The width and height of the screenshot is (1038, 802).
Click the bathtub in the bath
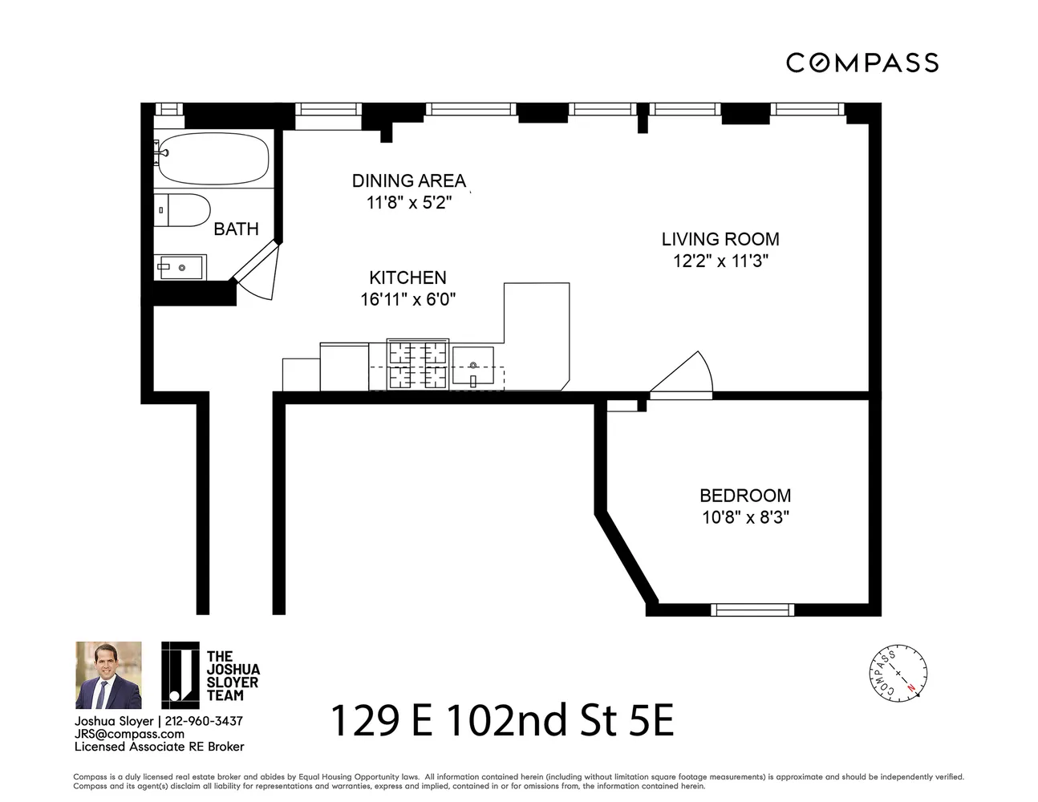click(x=213, y=158)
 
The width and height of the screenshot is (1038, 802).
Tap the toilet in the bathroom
click(x=182, y=210)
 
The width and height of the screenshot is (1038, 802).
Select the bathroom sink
click(x=180, y=267)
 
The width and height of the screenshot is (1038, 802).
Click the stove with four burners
click(x=417, y=364)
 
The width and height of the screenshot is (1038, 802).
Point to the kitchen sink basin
click(x=473, y=366)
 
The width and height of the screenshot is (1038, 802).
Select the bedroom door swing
click(x=682, y=375)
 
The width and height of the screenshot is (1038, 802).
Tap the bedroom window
click(x=752, y=610)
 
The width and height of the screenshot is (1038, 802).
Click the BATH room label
click(x=236, y=229)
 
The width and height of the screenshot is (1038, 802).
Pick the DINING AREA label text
click(x=409, y=181)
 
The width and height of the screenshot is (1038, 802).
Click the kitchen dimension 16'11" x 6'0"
click(x=408, y=299)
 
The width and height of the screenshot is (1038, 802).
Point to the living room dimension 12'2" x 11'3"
click(x=721, y=261)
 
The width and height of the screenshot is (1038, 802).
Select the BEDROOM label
click(x=745, y=496)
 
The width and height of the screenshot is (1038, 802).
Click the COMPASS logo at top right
click(x=862, y=63)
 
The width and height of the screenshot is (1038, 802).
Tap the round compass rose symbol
click(x=898, y=673)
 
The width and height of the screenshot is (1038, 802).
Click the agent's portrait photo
click(x=108, y=675)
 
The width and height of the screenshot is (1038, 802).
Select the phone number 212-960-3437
click(x=204, y=721)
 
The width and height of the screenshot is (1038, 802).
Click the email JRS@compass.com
click(x=129, y=734)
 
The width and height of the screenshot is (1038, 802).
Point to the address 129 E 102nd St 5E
click(x=502, y=720)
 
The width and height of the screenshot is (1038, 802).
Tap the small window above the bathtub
click(x=169, y=109)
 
